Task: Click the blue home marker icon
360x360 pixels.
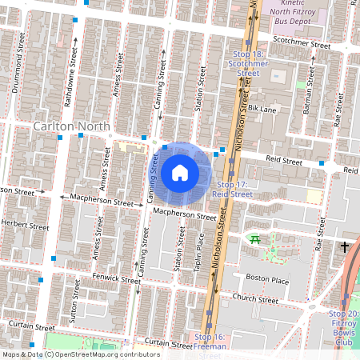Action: click(180, 172)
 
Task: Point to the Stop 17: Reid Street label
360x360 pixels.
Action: click(233, 189)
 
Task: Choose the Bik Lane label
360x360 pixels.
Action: click(262, 107)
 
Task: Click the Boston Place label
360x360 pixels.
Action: click(266, 278)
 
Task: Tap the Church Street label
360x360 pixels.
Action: click(254, 300)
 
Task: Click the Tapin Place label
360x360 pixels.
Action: click(200, 248)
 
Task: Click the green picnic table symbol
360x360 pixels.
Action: click(254, 238)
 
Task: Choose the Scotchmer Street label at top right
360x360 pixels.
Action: click(302, 46)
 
